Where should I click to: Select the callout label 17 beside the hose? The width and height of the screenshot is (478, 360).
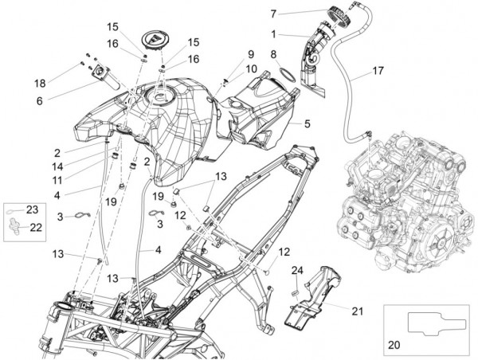click(377, 71)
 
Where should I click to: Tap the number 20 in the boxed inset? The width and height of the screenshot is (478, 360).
click(394, 346)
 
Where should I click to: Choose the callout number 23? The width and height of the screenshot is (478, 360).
click(33, 210)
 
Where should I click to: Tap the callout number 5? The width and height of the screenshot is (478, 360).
click(306, 124)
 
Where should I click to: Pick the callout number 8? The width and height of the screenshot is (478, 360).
click(272, 54)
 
